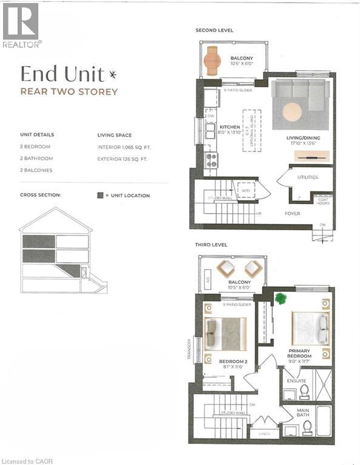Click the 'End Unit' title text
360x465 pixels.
coord(58,74)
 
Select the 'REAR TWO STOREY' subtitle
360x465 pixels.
coord(69,92)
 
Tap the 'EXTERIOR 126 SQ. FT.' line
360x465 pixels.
coord(128,159)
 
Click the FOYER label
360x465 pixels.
coord(292,213)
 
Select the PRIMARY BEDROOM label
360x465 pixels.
coord(299,354)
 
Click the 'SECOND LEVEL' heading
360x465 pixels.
coord(214,30)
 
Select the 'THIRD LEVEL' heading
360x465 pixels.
coord(211,246)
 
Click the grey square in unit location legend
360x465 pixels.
coord(100,196)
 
